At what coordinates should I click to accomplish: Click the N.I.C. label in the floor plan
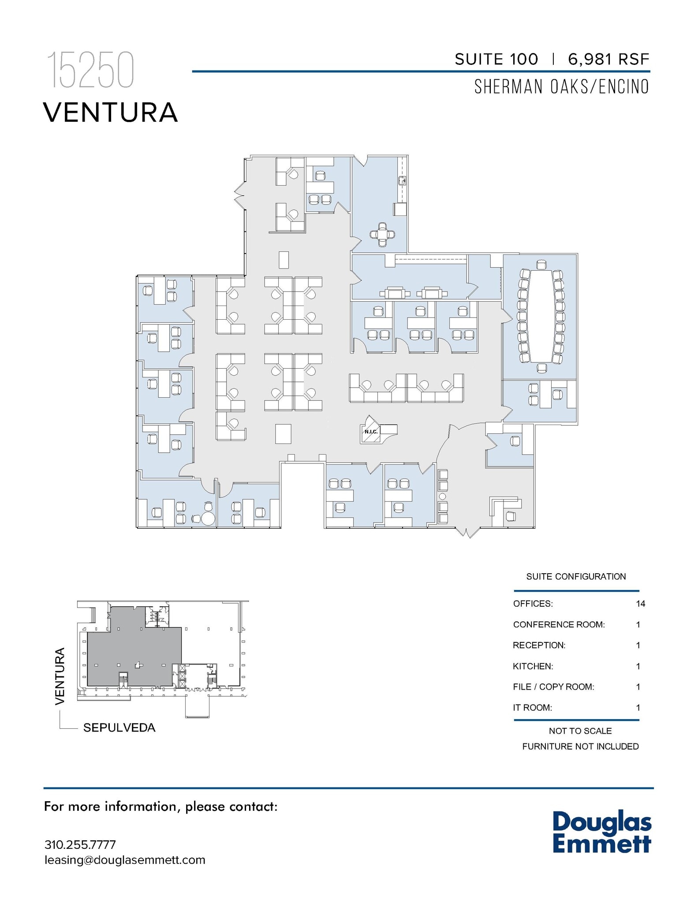pos(371,432)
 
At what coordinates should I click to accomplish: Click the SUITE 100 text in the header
pos(496,60)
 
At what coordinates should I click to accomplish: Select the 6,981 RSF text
pos(608,60)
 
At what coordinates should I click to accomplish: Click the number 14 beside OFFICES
pos(640,604)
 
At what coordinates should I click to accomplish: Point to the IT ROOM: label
pos(532,708)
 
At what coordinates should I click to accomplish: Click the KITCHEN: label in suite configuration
pos(533,666)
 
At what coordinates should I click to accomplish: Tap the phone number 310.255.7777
pos(80,845)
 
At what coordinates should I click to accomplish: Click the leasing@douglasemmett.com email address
pos(125,860)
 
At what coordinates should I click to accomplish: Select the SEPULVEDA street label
pos(119,728)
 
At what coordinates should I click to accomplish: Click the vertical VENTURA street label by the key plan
pos(60,676)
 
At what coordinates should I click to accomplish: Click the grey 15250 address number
pos(90,70)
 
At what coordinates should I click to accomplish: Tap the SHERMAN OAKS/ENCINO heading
pos(561,87)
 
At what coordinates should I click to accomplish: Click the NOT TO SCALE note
pos(580,731)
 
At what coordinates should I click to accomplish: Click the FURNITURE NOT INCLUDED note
pos(580,746)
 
